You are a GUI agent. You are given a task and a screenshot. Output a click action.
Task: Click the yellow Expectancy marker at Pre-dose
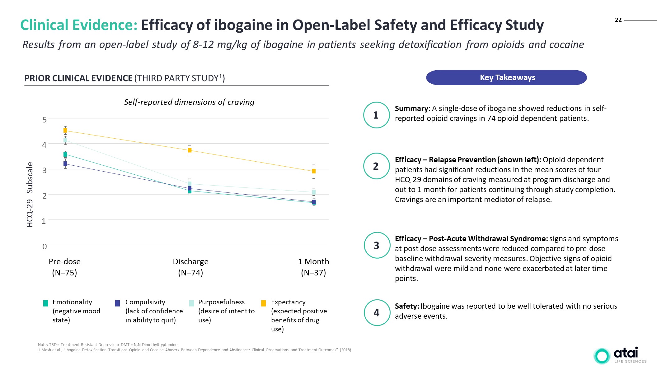click(x=65, y=131)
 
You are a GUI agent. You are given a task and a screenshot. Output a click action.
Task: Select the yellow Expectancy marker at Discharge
click(x=190, y=150)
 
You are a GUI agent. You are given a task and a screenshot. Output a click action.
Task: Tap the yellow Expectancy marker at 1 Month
click(x=314, y=171)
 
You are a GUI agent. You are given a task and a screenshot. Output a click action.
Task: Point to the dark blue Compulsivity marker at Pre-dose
click(x=65, y=164)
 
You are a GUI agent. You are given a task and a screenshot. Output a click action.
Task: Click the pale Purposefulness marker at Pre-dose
click(x=65, y=141)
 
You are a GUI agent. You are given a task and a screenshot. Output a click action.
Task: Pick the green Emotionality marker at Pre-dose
click(x=65, y=155)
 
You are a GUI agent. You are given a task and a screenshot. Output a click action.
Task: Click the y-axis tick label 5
click(x=45, y=120)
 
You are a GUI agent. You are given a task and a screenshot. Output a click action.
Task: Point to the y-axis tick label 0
click(x=45, y=247)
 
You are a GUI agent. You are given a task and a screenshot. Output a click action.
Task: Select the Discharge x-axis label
click(x=190, y=261)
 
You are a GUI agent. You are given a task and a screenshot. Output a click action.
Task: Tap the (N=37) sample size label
click(x=313, y=273)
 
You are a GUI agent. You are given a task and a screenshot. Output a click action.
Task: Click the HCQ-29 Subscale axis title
click(x=30, y=195)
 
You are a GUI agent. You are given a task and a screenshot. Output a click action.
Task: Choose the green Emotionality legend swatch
click(x=45, y=303)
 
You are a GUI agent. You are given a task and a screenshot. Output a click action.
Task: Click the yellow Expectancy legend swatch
click(x=263, y=303)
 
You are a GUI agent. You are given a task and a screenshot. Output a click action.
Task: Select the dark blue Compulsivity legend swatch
click(x=117, y=303)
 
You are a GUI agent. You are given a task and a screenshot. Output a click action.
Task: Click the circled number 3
click(x=377, y=245)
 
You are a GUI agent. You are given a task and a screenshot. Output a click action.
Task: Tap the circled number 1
click(x=376, y=115)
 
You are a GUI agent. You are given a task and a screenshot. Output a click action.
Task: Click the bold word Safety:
click(x=407, y=306)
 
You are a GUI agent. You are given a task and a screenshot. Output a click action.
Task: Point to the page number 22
click(x=618, y=20)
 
